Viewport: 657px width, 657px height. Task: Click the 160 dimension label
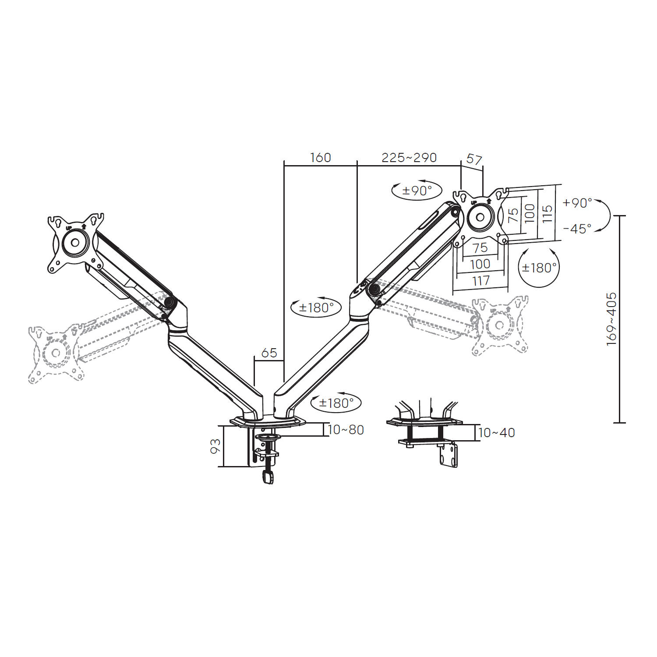tap(320, 158)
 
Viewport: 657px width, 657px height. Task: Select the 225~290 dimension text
tap(409, 158)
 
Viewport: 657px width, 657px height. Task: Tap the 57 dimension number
tap(474, 159)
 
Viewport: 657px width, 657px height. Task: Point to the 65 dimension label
tap(269, 353)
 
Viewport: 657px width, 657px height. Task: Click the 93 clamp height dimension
tap(215, 446)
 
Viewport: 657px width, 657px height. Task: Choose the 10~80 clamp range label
tap(346, 430)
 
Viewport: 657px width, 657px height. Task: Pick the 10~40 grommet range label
tap(497, 433)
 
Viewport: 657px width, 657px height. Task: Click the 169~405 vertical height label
tap(611, 319)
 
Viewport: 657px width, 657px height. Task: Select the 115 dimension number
tap(547, 214)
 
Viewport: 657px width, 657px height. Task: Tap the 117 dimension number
tap(481, 281)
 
